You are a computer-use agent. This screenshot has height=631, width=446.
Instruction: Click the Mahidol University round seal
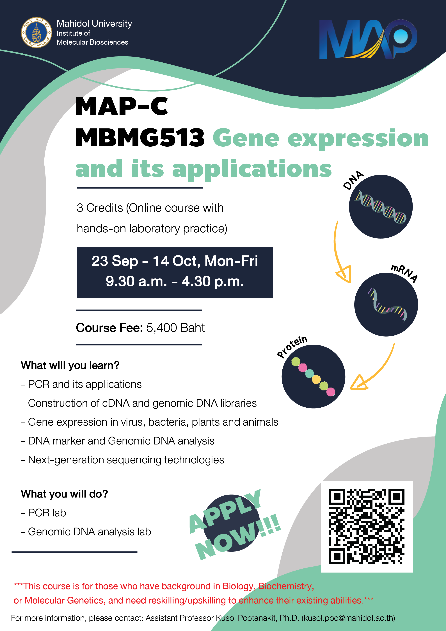(36, 32)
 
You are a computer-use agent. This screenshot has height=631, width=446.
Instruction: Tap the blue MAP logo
(368, 39)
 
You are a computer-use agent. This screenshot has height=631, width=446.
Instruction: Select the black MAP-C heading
(121, 106)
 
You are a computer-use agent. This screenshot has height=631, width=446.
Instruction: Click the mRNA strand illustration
(387, 305)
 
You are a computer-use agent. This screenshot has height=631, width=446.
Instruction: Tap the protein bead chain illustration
(313, 376)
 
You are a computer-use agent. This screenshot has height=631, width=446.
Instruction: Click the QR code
(367, 526)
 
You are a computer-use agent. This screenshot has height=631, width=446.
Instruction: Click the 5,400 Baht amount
(175, 328)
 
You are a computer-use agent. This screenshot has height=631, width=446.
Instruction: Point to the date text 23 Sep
(115, 261)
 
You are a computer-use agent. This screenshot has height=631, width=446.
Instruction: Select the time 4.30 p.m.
(212, 282)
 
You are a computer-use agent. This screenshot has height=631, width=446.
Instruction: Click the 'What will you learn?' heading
(70, 366)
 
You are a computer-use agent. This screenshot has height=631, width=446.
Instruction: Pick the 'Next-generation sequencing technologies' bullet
(122, 460)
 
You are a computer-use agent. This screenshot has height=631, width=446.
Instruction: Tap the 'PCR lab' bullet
(43, 513)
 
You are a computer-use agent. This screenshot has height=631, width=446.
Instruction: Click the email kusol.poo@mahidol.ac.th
(348, 618)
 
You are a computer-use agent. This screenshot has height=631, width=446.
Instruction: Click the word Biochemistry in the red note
(286, 586)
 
